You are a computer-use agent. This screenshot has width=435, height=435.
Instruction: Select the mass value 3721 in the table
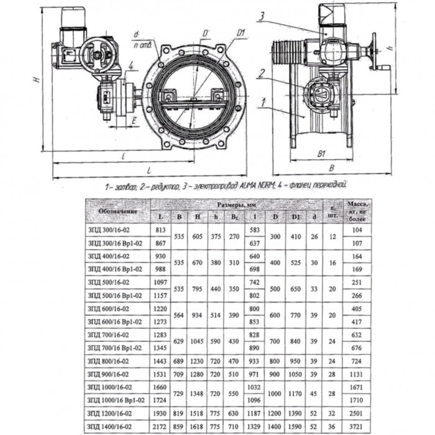point(357,426)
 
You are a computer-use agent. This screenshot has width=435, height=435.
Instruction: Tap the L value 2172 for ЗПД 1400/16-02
point(160,426)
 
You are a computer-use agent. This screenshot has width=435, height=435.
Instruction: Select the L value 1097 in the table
point(160,282)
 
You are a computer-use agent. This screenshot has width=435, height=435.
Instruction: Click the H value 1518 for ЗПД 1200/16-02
point(198,414)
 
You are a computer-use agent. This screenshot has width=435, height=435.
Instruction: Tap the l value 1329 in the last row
point(254,426)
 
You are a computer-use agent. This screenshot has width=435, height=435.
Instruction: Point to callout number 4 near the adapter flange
point(132,65)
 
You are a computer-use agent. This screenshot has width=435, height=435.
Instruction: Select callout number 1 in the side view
point(265,100)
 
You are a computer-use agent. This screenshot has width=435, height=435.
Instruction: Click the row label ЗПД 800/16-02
point(108,361)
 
